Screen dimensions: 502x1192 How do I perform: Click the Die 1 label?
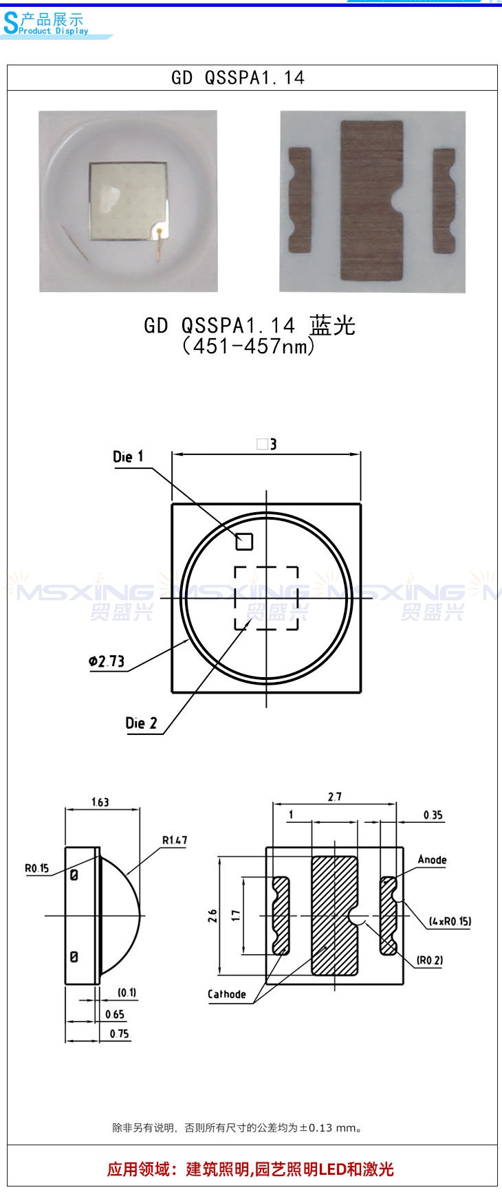[128, 456]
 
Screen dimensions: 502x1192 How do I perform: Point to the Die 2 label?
[141, 723]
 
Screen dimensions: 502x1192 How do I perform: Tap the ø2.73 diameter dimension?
[107, 661]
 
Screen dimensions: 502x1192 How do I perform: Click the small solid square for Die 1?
[244, 542]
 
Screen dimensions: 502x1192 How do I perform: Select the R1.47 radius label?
[175, 840]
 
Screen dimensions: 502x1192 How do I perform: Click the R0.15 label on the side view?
[37, 868]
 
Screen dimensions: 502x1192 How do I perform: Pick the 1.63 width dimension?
[100, 802]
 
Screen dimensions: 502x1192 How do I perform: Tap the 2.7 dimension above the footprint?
[334, 797]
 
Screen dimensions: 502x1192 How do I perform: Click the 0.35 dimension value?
[433, 815]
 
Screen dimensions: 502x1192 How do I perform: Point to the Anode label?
[432, 860]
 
